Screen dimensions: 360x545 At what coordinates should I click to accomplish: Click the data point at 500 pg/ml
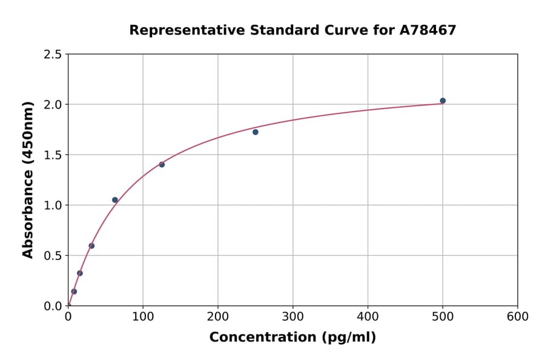(443, 101)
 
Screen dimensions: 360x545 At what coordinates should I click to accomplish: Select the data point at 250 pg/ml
(256, 132)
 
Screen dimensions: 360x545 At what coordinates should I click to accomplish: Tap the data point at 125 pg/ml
(162, 164)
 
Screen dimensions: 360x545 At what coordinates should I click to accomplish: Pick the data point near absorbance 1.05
(115, 200)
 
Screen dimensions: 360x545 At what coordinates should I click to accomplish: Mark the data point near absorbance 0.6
(91, 245)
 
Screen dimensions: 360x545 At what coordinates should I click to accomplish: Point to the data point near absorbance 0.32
(80, 273)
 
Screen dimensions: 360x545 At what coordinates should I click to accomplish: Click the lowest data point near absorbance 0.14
(74, 292)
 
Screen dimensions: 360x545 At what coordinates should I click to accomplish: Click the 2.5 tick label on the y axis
(52, 55)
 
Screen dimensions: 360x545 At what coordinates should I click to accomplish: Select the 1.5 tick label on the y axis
(52, 155)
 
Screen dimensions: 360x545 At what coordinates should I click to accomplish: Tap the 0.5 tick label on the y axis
(52, 256)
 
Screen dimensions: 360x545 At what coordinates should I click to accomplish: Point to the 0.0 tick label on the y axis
(52, 306)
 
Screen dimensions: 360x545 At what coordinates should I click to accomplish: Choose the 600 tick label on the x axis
(518, 317)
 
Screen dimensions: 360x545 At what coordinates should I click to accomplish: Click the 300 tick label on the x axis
(293, 317)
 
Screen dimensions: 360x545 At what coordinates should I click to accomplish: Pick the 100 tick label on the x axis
(143, 317)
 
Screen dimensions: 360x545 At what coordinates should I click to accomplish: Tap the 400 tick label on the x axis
(368, 317)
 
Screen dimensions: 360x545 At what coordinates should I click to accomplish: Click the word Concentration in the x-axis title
(263, 338)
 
